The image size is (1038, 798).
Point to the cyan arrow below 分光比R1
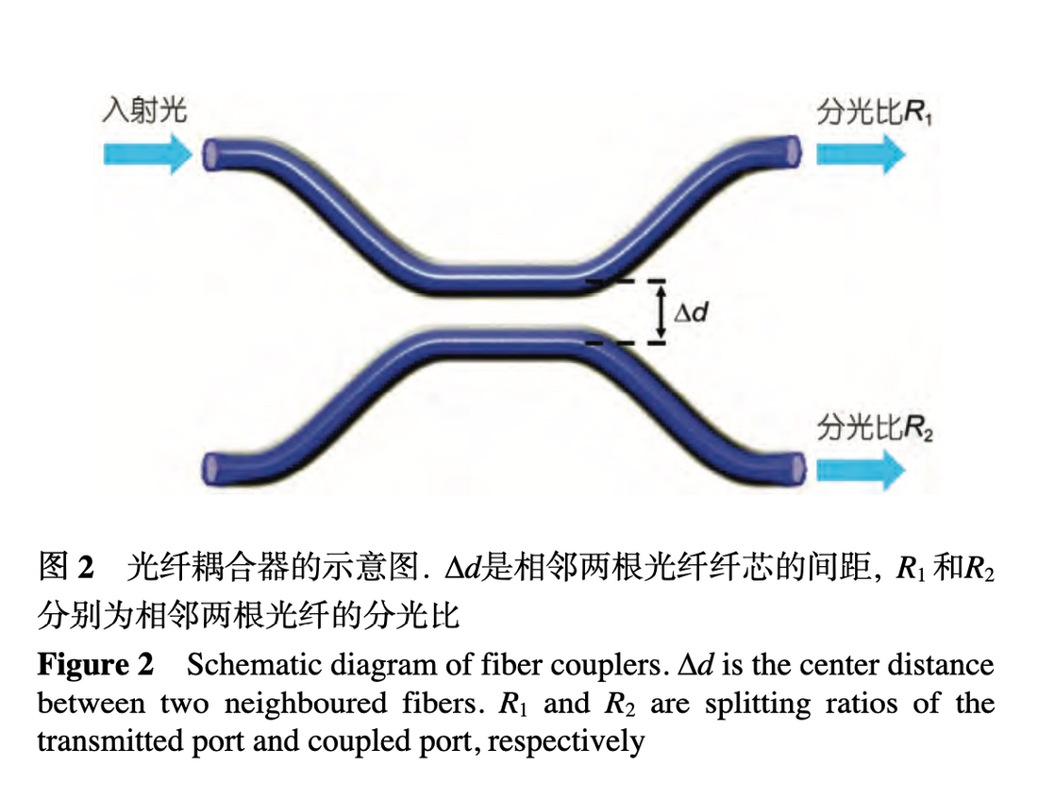pyautogui.click(x=860, y=153)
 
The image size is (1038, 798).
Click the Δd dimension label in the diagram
pyautogui.click(x=691, y=310)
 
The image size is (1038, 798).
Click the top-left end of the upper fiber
pyautogui.click(x=212, y=153)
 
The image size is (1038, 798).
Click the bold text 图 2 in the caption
pyautogui.click(x=66, y=568)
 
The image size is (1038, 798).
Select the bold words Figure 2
pyautogui.click(x=95, y=665)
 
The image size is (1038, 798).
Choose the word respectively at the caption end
pyautogui.click(x=566, y=741)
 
